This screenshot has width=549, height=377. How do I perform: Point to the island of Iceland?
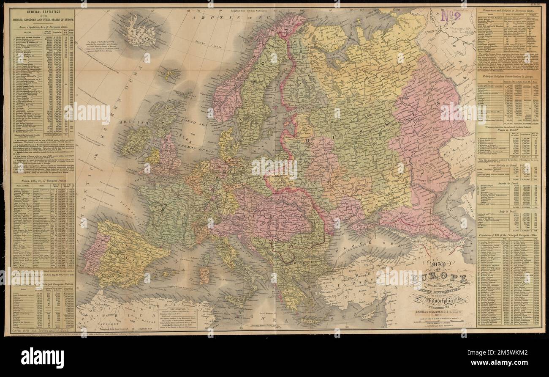(139, 29)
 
